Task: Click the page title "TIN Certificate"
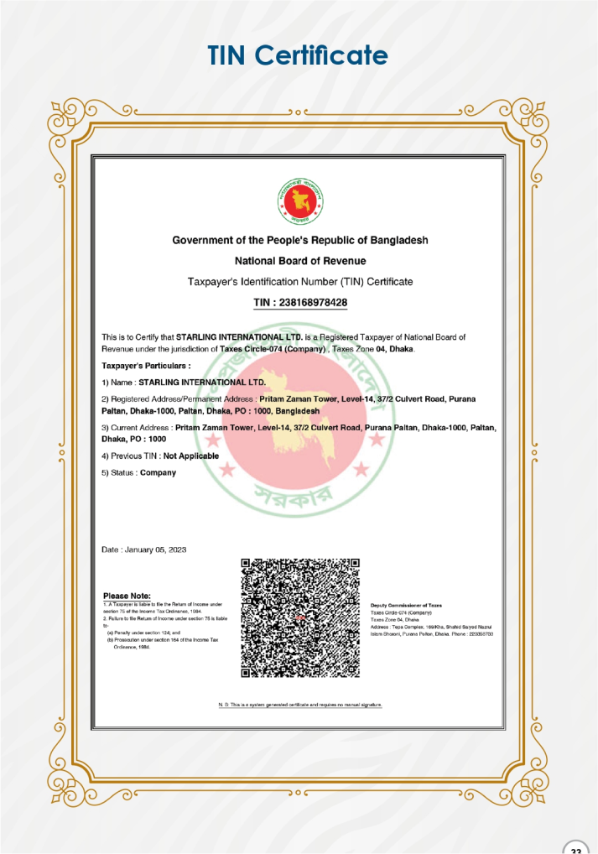pyautogui.click(x=298, y=55)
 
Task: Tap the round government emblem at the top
pyautogui.click(x=299, y=200)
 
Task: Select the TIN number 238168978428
pyautogui.click(x=315, y=302)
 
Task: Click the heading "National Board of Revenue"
pyautogui.click(x=299, y=261)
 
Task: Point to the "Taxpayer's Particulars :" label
pyautogui.click(x=146, y=366)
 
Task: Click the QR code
pyautogui.click(x=299, y=617)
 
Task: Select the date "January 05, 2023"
pyautogui.click(x=155, y=549)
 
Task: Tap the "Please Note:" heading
pyautogui.click(x=127, y=596)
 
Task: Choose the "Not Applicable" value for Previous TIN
pyautogui.click(x=191, y=456)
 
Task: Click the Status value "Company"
pyautogui.click(x=158, y=472)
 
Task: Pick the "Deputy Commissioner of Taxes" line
pyautogui.click(x=406, y=605)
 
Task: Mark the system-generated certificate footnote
pyautogui.click(x=299, y=705)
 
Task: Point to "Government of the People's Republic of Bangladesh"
pyautogui.click(x=299, y=240)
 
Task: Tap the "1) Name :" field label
pyautogui.click(x=118, y=382)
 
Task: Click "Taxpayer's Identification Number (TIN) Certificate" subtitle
pyautogui.click(x=299, y=281)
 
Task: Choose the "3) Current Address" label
pyautogui.click(x=137, y=427)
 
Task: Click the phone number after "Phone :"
pyautogui.click(x=481, y=633)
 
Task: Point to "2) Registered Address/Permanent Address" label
pyautogui.click(x=178, y=398)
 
